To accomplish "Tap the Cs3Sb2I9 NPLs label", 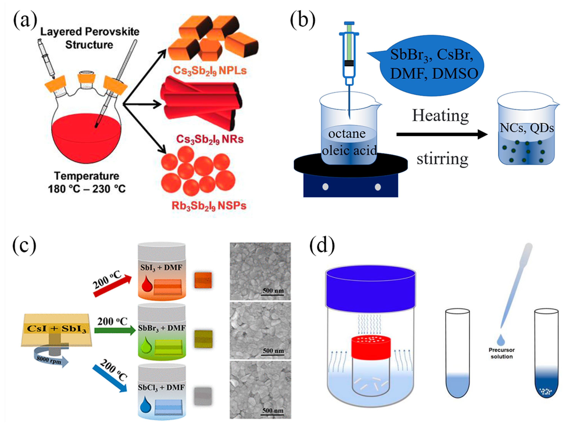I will (210, 70).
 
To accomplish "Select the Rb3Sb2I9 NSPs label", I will (209, 206).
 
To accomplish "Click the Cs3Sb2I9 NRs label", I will (210, 139).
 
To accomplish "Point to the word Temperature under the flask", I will (87, 176).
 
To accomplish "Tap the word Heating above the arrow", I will (440, 116).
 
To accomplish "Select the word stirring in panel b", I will (442, 159).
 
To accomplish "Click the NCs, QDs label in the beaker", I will (526, 128).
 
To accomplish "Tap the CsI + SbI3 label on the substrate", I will (56, 329).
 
